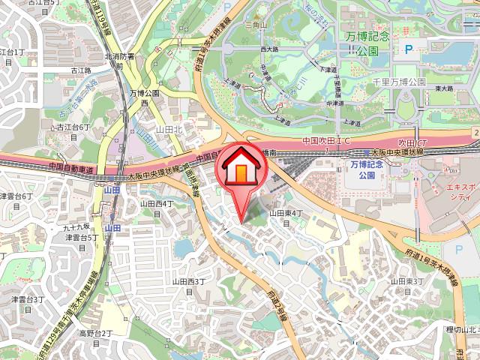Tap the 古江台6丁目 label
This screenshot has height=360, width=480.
point(73,133)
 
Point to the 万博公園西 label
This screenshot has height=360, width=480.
point(144,98)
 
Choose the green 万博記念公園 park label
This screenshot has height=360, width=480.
point(373,44)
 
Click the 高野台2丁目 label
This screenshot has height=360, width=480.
point(96,337)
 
